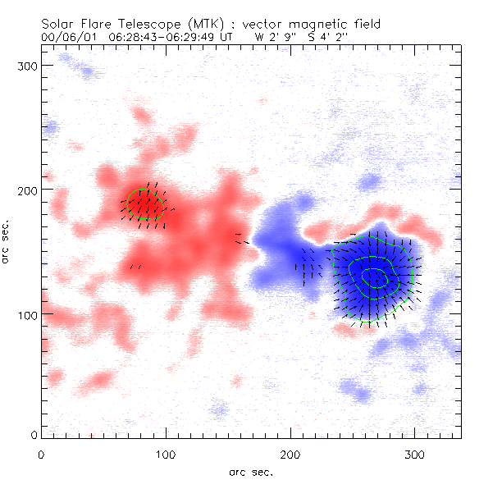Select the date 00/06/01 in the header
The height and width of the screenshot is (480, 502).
pos(65,37)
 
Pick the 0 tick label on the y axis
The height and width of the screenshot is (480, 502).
pos(33,434)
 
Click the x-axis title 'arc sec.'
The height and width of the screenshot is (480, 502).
pos(250,471)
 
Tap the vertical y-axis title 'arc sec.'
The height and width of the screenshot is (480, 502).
pos(7,238)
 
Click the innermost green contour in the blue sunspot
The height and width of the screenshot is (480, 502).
pos(375,278)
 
